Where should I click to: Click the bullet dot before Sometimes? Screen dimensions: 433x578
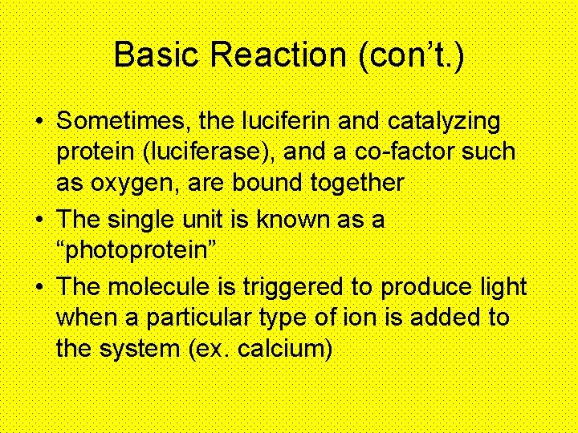39,123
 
